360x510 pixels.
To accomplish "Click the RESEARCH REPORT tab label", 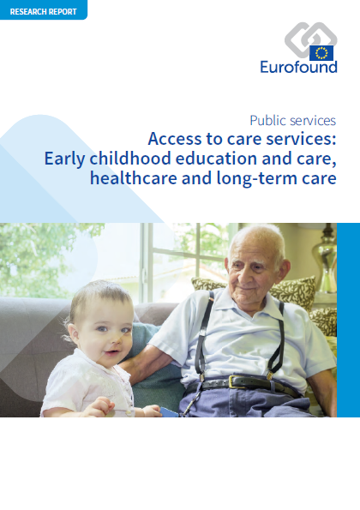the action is (43, 12).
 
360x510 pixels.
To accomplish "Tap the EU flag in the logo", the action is (321, 53).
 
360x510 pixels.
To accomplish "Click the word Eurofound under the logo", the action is (298, 67).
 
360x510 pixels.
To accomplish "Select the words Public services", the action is (292, 121).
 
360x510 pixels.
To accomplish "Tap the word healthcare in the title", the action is (134, 178).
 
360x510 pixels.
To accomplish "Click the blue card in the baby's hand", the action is (169, 411).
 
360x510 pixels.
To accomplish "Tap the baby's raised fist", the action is (103, 406).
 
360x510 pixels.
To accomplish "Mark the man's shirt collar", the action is (247, 304).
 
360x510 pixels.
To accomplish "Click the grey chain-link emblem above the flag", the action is (310, 39).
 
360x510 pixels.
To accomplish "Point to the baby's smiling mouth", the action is (111, 352).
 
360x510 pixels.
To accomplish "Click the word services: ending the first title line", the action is (301, 139).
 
